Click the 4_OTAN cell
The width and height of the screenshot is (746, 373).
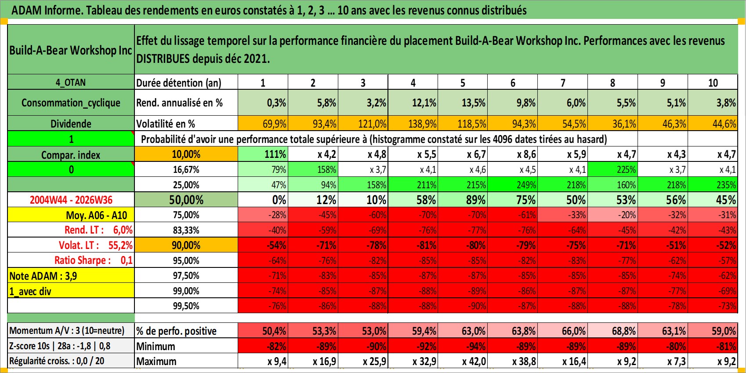71,82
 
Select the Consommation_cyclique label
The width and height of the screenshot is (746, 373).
71,102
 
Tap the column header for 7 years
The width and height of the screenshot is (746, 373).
562,82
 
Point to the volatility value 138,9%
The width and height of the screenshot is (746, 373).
422,124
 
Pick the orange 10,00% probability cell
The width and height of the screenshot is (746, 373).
186,154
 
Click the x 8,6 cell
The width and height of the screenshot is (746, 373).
526,154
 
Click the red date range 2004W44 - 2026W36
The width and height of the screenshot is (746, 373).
71,200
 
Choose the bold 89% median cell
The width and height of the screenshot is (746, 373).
475,200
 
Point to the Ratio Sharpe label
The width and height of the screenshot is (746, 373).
82,260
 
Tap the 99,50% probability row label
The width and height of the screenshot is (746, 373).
186,306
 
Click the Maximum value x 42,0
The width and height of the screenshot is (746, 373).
474,361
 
